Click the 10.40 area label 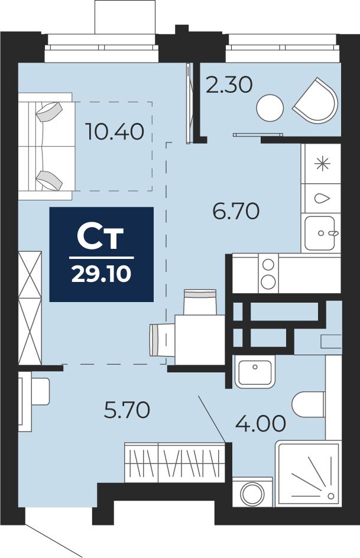coord(115,131)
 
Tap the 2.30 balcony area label coord(229,85)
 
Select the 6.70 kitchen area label coord(236,212)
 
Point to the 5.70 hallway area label coord(127,410)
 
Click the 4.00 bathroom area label coord(261,423)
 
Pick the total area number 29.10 coord(102,274)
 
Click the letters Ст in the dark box coord(100,236)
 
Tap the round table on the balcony coord(270,108)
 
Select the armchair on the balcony coord(316,100)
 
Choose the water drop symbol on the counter coord(323,198)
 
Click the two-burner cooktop coord(268,273)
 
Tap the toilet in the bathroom coord(309,404)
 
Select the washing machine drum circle coord(252,494)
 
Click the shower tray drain coord(331,496)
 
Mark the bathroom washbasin coord(255,372)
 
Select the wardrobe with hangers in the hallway coord(174,462)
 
